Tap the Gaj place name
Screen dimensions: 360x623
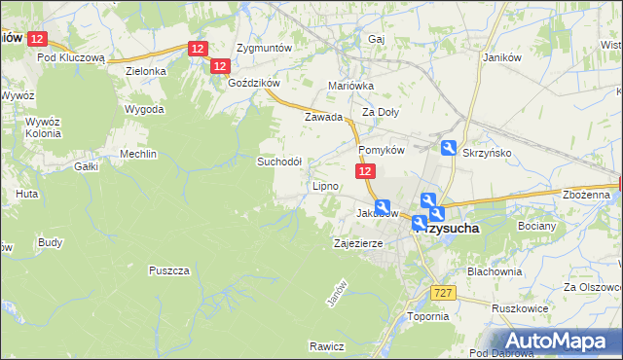click(x=377, y=39)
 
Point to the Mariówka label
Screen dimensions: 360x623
click(x=351, y=86)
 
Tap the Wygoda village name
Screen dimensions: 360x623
click(x=144, y=109)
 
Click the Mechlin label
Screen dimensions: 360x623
click(x=141, y=154)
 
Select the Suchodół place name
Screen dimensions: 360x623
click(x=279, y=162)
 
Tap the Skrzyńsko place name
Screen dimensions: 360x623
click(x=488, y=153)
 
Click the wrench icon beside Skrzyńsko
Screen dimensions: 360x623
click(x=449, y=149)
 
